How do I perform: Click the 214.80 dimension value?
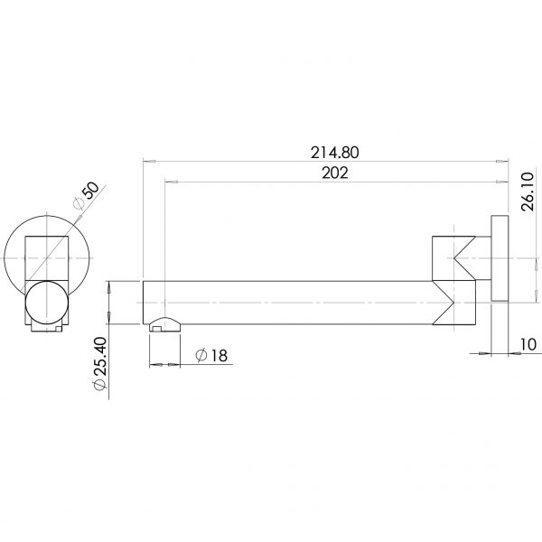tap(323, 153)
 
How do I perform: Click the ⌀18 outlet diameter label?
tap(210, 354)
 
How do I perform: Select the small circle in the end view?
tap(46, 302)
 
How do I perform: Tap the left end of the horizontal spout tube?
tap(145, 301)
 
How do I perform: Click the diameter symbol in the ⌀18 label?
tap(200, 354)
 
